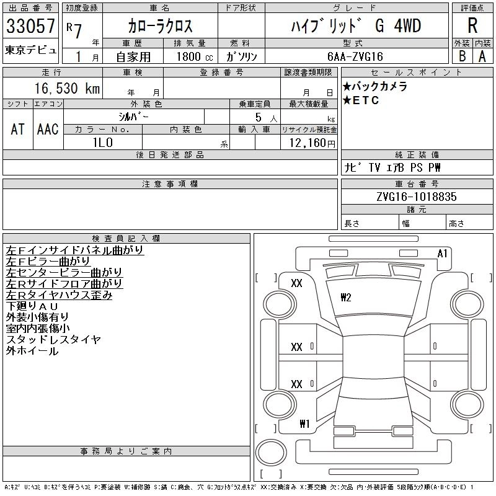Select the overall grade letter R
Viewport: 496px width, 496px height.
pyautogui.click(x=472, y=26)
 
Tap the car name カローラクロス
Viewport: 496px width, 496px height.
pyautogui.click(x=160, y=26)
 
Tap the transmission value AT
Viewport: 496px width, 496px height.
pyautogui.click(x=18, y=129)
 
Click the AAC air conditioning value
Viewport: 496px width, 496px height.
pyautogui.click(x=48, y=129)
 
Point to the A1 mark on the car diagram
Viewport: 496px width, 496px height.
pyautogui.click(x=443, y=254)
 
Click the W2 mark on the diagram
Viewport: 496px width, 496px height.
pyautogui.click(x=346, y=298)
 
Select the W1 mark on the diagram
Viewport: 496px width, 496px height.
pyautogui.click(x=304, y=425)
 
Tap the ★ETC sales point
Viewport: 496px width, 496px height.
pyautogui.click(x=361, y=100)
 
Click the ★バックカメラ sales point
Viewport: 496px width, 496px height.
pyautogui.click(x=374, y=87)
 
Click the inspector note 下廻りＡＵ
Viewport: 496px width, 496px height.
pyautogui.click(x=32, y=306)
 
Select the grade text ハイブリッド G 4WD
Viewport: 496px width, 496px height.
pyautogui.click(x=356, y=27)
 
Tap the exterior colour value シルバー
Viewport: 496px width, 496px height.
pyautogui.click(x=133, y=117)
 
